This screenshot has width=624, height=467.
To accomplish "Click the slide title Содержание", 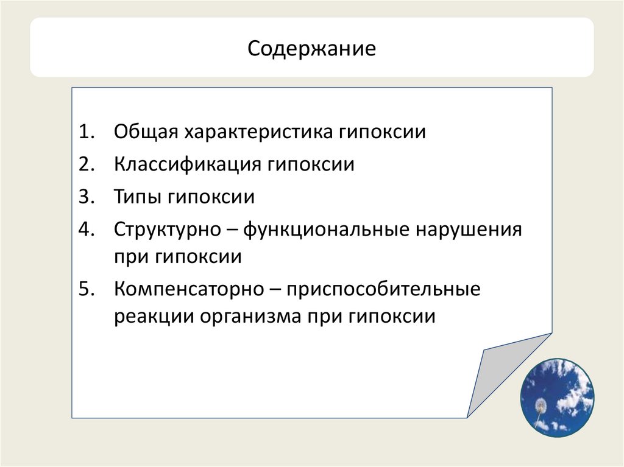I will click(311, 47).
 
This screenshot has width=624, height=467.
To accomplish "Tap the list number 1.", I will click(86, 133).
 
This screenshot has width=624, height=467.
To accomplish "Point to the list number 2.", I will click(86, 165).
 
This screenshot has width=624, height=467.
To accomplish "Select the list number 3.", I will click(86, 197).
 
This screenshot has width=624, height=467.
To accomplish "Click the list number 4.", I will click(86, 230).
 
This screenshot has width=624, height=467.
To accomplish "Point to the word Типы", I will click(136, 197).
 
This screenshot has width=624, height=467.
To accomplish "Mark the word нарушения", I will click(469, 230).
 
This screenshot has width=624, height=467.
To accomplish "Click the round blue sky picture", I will click(556, 396).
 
